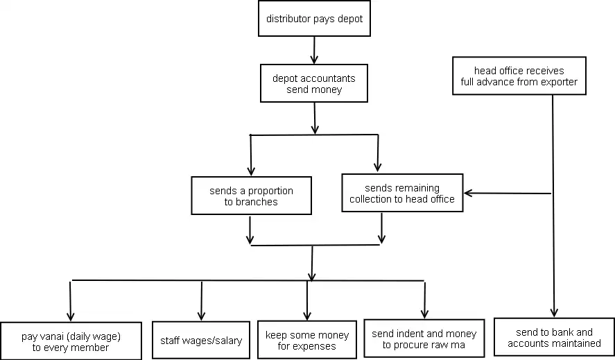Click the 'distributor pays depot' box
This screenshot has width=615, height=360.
click(x=314, y=19)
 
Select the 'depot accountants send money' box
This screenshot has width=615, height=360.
click(x=314, y=83)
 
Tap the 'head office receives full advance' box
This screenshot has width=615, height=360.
click(x=519, y=76)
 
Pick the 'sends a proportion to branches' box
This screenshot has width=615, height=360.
click(x=252, y=196)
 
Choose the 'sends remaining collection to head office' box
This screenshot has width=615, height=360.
click(x=402, y=193)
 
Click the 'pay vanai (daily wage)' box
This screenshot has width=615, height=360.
click(x=71, y=341)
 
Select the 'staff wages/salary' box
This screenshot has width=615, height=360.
click(x=201, y=340)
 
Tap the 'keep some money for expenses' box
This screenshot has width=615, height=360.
click(x=307, y=340)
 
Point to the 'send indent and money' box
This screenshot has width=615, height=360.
click(x=424, y=338)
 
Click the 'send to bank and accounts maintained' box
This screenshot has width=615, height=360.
click(x=554, y=337)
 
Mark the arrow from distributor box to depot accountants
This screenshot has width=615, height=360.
click(x=314, y=50)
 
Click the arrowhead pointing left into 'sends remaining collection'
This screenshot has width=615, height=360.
click(x=468, y=193)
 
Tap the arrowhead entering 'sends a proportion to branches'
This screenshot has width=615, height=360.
click(x=251, y=171)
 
